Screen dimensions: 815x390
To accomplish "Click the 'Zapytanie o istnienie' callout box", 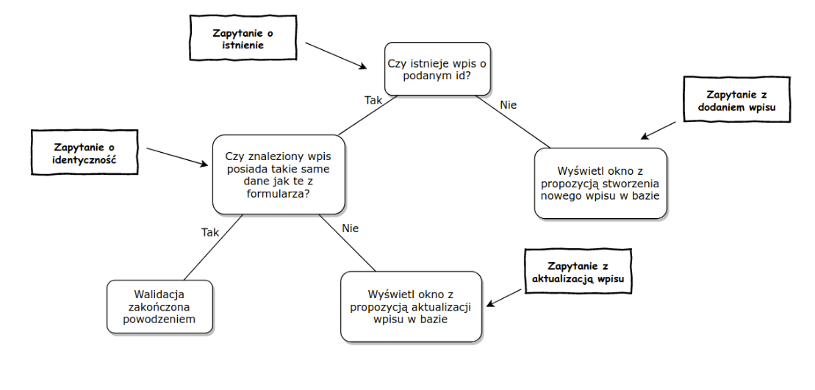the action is click(x=243, y=38).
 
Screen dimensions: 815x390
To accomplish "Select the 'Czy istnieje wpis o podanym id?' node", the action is click(x=437, y=69).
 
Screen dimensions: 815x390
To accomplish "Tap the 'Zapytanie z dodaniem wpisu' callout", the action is click(x=737, y=99).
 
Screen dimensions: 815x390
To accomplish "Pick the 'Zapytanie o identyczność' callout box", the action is click(x=85, y=152).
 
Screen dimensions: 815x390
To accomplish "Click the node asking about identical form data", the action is click(x=279, y=175).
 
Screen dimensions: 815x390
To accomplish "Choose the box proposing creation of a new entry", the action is click(x=600, y=184).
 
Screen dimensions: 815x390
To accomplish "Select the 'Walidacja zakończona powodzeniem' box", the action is click(x=159, y=307).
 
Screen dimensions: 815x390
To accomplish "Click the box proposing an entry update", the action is click(x=411, y=306).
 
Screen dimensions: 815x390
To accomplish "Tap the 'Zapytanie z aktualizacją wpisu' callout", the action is click(x=578, y=272).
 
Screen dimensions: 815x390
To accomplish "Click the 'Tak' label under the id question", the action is click(x=373, y=101).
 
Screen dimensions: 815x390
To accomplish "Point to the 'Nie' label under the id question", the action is click(x=508, y=105).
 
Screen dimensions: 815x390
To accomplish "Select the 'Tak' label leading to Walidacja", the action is click(x=210, y=233).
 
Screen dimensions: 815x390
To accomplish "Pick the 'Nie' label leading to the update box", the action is click(x=350, y=228).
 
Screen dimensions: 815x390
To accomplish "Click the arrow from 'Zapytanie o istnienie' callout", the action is click(x=336, y=56).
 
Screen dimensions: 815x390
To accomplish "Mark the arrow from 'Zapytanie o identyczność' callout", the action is click(x=177, y=157).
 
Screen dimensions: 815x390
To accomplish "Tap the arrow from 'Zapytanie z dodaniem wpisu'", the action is click(x=658, y=130).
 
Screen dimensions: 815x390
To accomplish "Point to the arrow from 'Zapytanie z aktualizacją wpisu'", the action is click(x=505, y=297).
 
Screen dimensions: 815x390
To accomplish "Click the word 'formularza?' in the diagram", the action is click(x=279, y=193).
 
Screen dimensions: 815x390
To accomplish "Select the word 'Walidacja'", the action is click(x=159, y=295).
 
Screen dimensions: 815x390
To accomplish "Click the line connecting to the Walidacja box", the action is click(x=214, y=248).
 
